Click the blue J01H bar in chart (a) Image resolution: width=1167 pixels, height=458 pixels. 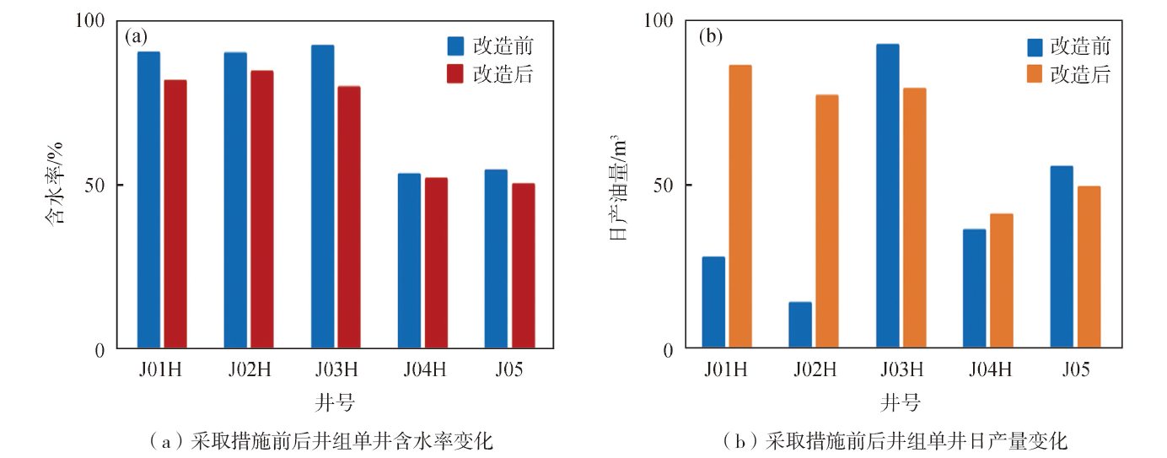click(148, 200)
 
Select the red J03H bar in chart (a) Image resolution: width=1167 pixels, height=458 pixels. click(349, 217)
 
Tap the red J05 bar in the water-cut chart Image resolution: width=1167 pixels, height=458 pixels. click(523, 266)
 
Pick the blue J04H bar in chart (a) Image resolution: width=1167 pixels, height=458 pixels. click(410, 261)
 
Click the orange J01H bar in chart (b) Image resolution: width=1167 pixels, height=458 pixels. click(740, 207)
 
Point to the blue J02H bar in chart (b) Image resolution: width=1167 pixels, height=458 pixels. click(800, 325)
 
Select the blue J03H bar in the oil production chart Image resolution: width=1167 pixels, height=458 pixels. click(888, 196)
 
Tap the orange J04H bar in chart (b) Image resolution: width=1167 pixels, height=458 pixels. click(1002, 281)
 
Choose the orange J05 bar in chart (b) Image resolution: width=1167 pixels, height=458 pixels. click(1089, 267)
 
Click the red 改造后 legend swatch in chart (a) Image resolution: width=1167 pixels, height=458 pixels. click(455, 74)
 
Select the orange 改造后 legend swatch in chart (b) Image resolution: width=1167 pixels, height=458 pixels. click(1035, 74)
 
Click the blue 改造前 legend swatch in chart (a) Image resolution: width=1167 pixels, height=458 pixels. click(455, 46)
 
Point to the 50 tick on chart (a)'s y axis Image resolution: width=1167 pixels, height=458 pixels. click(94, 186)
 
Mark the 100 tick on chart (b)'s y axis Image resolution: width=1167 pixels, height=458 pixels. click(659, 21)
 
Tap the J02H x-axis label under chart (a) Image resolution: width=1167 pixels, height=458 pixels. click(250, 370)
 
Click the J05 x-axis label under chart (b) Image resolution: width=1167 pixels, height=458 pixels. click(1076, 370)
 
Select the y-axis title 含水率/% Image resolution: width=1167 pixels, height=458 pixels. click(54, 183)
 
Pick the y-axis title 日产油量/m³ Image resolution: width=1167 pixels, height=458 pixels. click(618, 187)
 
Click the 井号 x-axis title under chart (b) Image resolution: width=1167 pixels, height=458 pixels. click(901, 403)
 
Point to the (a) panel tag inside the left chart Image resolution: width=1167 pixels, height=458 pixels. click(136, 36)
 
